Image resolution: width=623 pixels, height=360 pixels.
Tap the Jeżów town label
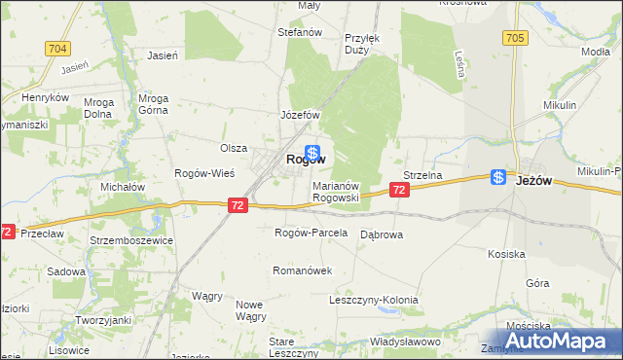534,180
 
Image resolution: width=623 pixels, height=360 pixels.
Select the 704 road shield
56,48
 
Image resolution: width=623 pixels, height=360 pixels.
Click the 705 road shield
516,38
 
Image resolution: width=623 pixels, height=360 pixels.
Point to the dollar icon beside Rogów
312,152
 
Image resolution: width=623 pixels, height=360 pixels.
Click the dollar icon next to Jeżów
498,177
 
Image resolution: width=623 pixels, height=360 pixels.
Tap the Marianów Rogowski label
336,191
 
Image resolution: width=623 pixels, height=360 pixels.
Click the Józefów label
301,115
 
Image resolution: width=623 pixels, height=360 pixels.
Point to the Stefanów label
300,32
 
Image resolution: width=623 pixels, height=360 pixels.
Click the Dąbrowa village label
382,234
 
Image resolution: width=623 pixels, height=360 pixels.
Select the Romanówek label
303,270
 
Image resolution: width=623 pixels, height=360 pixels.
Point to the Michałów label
123,186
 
